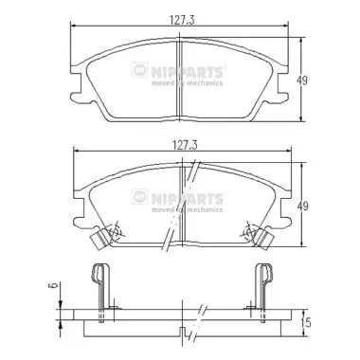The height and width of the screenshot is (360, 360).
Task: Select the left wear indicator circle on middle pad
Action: coord(113,231)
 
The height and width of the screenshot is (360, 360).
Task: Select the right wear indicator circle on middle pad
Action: coord(251,231)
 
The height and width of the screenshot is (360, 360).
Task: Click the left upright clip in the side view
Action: coord(99,284)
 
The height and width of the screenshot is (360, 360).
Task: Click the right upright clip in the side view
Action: coord(266,284)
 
